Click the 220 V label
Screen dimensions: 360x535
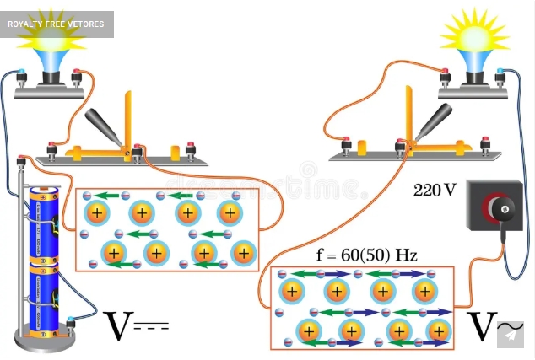435,191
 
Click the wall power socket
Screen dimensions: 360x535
494,209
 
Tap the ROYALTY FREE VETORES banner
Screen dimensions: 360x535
57,24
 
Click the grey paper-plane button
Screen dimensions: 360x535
510,335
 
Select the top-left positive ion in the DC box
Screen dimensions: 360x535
97,213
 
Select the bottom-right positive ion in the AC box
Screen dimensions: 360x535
438,331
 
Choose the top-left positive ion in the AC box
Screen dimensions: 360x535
291,292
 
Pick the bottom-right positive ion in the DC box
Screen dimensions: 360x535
244,253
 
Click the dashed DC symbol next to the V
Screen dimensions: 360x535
153,325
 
